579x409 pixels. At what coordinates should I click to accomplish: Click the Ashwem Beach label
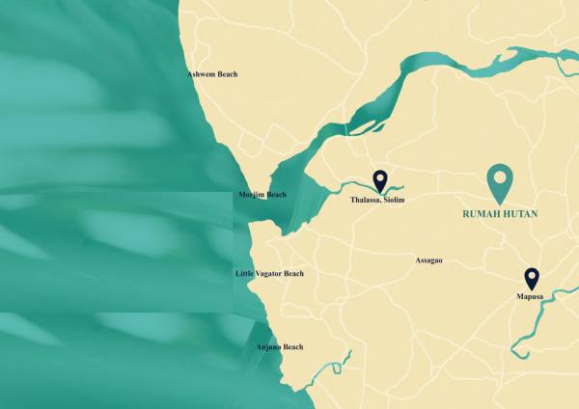point(211,74)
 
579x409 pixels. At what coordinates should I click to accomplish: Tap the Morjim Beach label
point(262,195)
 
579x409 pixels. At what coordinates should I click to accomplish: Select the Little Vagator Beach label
point(269,274)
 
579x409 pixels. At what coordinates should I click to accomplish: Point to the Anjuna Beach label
point(279,346)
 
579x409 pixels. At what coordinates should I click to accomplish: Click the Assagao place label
point(427,260)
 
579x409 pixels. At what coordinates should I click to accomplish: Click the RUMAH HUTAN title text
point(499,213)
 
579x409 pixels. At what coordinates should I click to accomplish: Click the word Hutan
point(520,213)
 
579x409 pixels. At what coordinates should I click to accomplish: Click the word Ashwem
point(201,74)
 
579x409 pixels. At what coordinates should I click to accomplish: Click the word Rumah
point(479,213)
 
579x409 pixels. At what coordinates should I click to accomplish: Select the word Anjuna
point(268,346)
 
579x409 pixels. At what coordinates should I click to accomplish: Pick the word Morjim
point(251,195)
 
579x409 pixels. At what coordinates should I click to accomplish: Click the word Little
point(245,274)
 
